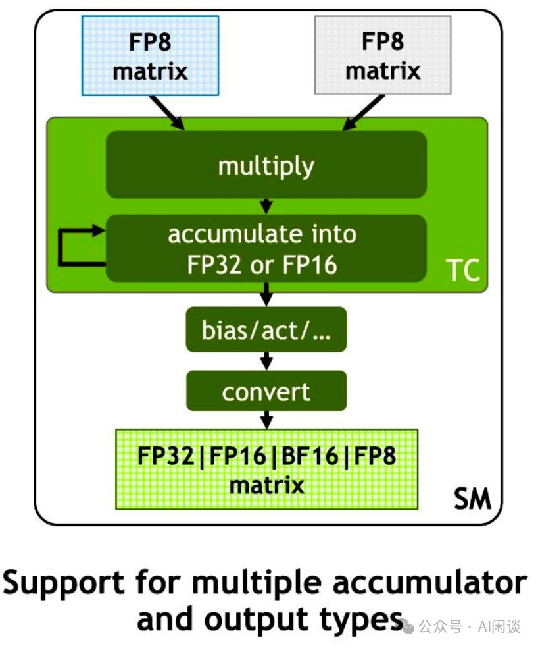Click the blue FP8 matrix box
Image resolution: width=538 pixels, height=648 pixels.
(149, 55)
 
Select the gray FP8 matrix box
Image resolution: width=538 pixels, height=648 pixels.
(383, 55)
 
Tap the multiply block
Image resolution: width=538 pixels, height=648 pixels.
(266, 165)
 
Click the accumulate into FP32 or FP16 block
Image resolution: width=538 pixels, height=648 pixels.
(266, 249)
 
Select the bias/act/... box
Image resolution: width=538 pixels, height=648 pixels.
(266, 329)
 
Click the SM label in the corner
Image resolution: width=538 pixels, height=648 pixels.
(472, 499)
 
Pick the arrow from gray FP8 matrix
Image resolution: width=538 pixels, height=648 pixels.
(363, 112)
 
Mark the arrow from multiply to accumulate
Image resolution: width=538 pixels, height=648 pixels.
(266, 205)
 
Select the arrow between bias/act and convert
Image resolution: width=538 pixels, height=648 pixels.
(266, 360)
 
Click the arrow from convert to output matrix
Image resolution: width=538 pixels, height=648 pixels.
(266, 419)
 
